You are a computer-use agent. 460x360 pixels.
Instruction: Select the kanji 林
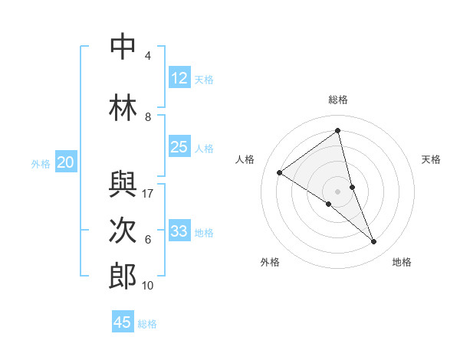(123, 106)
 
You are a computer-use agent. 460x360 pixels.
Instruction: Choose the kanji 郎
(123, 277)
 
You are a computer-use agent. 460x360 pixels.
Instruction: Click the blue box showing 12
(179, 78)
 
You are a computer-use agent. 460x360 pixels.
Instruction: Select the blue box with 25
(179, 147)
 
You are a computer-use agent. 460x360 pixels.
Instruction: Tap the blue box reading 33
(179, 231)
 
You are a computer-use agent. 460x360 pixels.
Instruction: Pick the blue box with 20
(66, 162)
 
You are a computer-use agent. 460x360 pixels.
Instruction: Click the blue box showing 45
(123, 322)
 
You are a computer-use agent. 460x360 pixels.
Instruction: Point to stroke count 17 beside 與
(149, 194)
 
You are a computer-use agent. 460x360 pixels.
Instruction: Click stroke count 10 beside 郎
(149, 286)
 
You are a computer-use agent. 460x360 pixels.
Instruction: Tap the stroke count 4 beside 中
(148, 55)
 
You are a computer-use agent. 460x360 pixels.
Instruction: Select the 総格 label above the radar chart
(338, 100)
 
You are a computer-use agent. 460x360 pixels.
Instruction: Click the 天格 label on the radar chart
(432, 159)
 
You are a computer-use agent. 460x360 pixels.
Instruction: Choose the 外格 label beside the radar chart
(270, 262)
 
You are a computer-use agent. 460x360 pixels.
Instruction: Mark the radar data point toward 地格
(374, 242)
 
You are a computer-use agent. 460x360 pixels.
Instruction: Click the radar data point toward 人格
(279, 172)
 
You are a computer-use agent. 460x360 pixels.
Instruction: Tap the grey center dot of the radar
(337, 191)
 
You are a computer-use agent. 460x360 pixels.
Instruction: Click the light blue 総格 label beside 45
(148, 324)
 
